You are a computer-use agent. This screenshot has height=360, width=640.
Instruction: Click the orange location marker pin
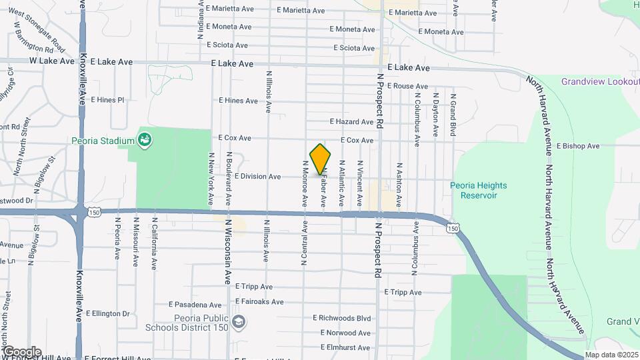click(x=320, y=159)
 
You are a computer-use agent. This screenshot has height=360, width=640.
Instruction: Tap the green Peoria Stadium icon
click(x=144, y=140)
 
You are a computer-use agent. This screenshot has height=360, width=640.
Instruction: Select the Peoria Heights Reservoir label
click(x=478, y=190)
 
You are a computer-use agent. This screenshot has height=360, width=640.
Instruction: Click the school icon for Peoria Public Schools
click(x=238, y=323)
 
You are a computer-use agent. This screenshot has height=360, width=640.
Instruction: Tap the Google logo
click(x=21, y=352)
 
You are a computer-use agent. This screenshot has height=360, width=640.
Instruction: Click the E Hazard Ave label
click(x=352, y=122)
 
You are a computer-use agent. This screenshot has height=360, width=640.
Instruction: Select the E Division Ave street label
click(x=258, y=177)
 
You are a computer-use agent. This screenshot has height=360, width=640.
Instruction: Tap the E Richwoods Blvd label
click(x=341, y=318)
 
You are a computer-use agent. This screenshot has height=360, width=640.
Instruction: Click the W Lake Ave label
click(x=51, y=61)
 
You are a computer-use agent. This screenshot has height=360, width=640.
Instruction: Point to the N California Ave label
click(x=154, y=243)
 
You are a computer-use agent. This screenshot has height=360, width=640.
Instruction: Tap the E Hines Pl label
click(x=107, y=100)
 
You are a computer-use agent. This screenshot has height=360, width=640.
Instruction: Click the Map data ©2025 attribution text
click(x=611, y=355)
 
